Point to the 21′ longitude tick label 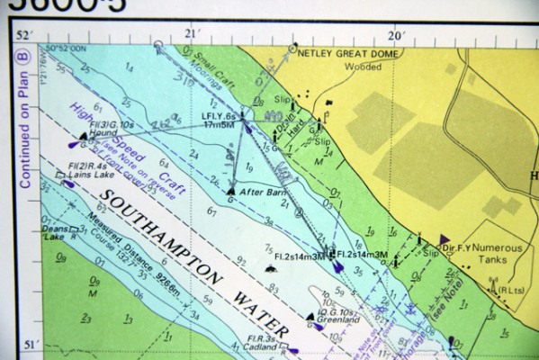coord(189,34)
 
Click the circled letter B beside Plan coord(26,55)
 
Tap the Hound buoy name coord(90,133)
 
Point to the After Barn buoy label coord(256,191)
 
